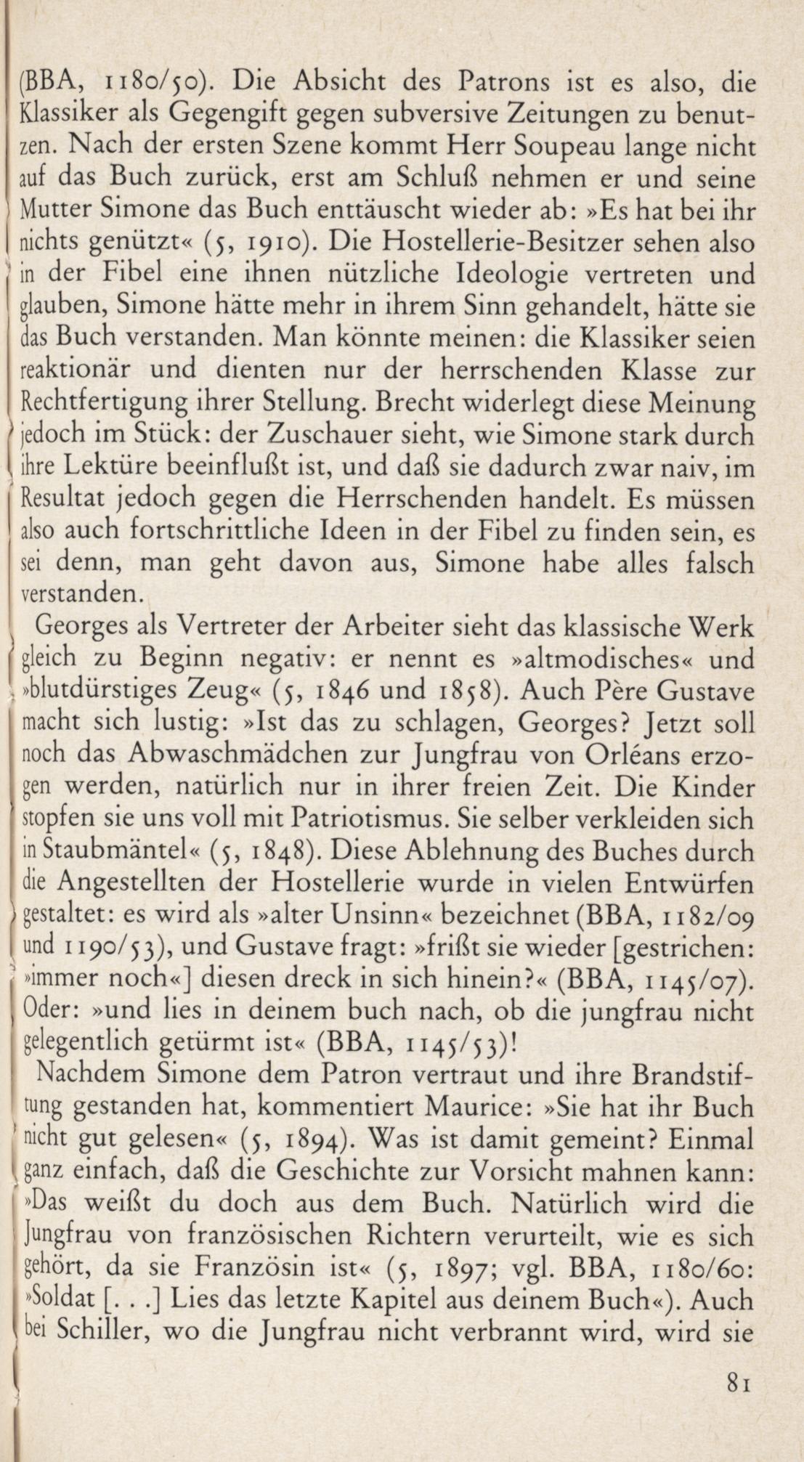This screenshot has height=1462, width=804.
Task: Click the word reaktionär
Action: click(76, 370)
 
